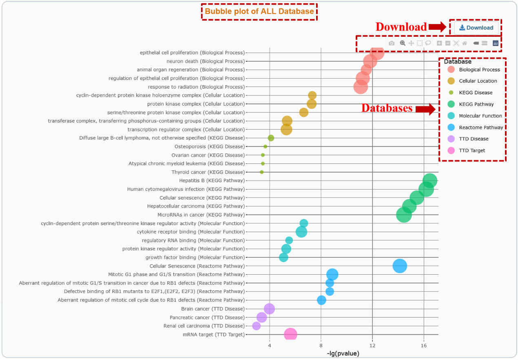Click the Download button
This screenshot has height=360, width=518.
tap(476, 28)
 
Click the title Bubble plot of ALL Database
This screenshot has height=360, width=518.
tap(259, 11)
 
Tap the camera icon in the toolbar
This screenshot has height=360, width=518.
tap(392, 43)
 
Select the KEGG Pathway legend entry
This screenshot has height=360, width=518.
tap(476, 104)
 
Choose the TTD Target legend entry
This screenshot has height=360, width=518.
tap(472, 150)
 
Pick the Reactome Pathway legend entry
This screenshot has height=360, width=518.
tap(481, 127)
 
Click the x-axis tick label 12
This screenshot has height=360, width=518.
tap(372, 346)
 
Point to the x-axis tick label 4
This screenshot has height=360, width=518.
tap(270, 346)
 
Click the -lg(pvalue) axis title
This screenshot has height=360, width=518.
tap(343, 353)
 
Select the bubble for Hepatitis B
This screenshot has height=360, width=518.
tap(430, 180)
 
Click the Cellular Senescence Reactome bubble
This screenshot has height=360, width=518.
tap(400, 266)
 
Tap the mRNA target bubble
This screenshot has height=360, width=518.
tap(290, 334)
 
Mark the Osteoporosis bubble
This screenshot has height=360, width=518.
tap(265, 146)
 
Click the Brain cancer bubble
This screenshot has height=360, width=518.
tap(269, 309)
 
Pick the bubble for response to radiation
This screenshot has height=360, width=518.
tap(360, 87)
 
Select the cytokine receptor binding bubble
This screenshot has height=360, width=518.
tap(301, 232)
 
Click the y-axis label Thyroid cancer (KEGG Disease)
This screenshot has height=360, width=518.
tap(208, 172)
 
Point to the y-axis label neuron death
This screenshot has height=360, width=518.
tap(206, 61)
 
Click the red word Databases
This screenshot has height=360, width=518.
tap(387, 108)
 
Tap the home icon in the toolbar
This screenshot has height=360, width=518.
tap(464, 43)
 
